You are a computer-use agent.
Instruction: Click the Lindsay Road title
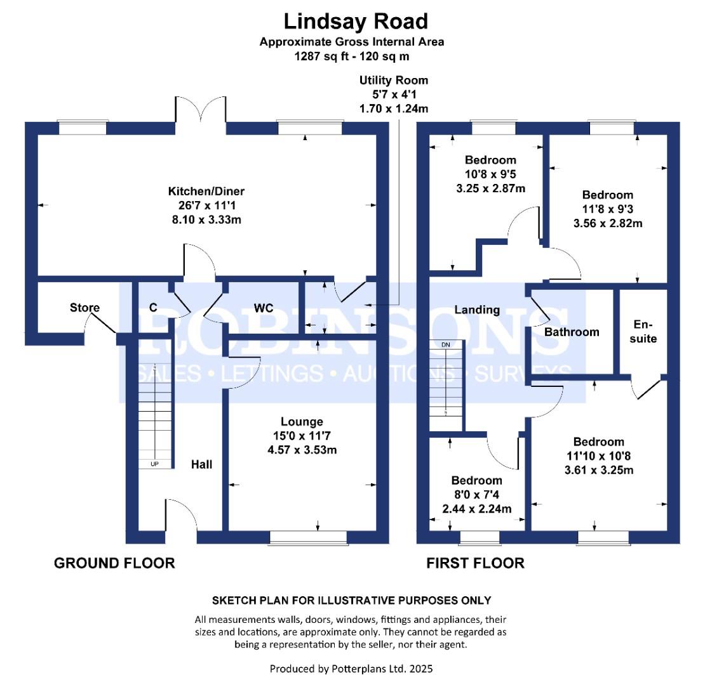tap(355, 22)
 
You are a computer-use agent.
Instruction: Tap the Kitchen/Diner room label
tap(206, 191)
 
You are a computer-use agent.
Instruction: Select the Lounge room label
tap(302, 421)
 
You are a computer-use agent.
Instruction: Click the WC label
tap(264, 308)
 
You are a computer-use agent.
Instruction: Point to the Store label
tap(84, 308)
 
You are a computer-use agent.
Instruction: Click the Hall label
tap(202, 464)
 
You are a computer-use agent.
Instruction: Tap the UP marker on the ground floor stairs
tap(154, 464)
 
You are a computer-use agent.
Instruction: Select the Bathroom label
tap(572, 332)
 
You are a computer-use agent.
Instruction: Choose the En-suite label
tap(644, 331)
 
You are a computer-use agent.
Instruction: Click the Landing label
tap(477, 310)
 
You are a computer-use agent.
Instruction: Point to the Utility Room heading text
tap(394, 81)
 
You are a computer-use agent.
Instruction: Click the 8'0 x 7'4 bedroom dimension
tap(476, 495)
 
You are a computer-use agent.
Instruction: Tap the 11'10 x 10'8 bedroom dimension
tap(598, 456)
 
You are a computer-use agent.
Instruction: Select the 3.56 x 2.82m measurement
tap(608, 223)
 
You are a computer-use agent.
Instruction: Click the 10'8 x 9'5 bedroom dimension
tap(490, 174)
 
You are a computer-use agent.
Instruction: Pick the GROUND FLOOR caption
tap(114, 563)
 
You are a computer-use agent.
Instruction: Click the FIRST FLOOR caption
tap(475, 563)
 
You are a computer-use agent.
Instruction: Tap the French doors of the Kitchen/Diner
tap(201, 114)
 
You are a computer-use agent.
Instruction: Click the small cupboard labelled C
tap(153, 308)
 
